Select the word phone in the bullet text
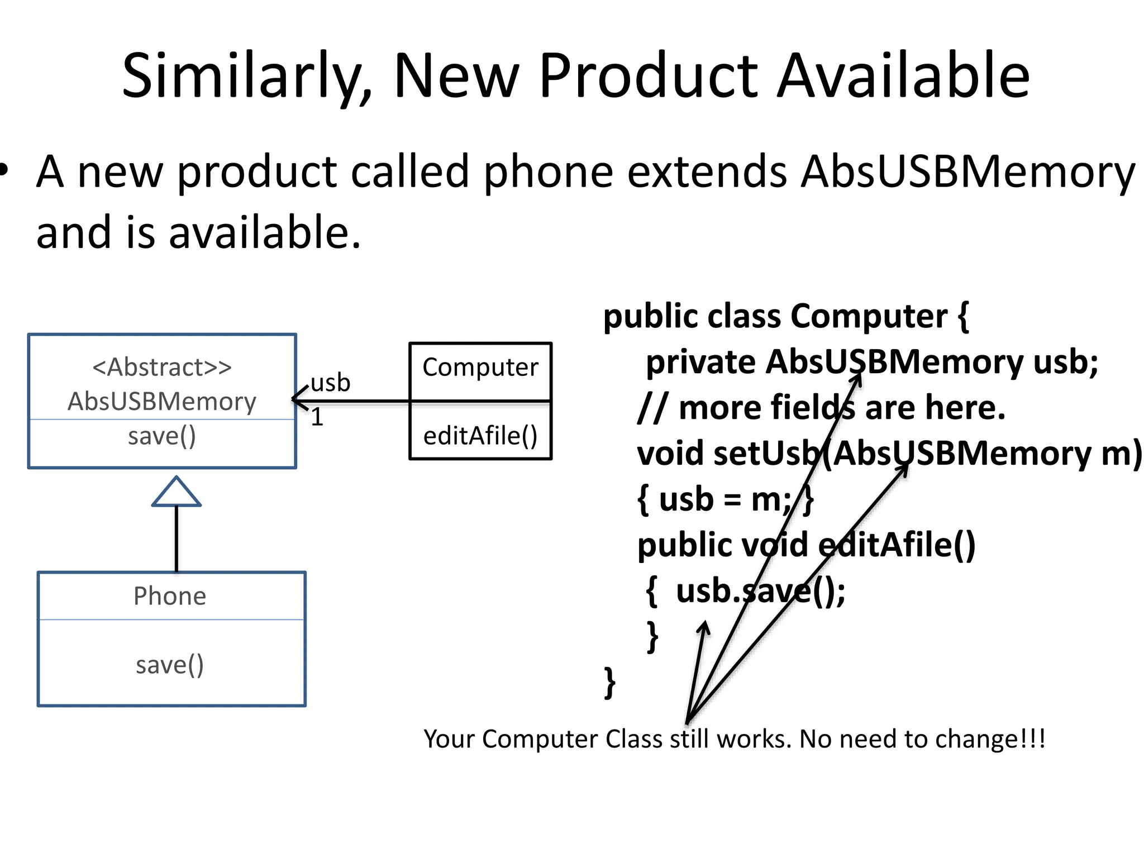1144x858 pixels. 548,171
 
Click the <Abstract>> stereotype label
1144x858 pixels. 162,368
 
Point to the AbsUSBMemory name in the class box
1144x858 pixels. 162,402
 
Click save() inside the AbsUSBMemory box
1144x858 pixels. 162,436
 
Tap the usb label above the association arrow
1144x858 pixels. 330,383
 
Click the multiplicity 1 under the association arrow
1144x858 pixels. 317,417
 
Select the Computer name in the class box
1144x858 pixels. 480,368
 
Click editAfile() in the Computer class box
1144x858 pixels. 480,436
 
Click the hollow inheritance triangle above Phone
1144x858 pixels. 177,493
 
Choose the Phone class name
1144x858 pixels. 170,596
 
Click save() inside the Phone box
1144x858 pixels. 170,665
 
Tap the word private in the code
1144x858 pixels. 700,363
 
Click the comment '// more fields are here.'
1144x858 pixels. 821,408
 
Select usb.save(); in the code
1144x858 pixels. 760,591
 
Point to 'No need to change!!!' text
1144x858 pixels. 922,739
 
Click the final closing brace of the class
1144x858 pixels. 610,682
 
